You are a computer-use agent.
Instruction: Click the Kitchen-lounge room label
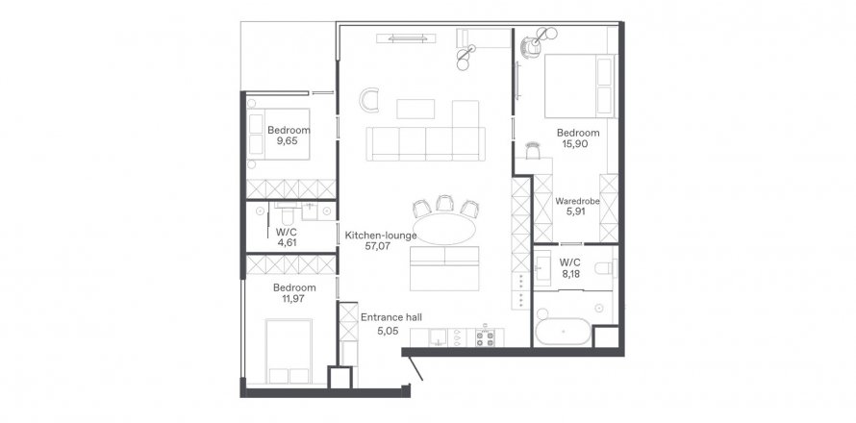[381, 236]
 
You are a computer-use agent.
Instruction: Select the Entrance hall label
[391, 316]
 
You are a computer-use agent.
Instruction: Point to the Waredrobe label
[578, 201]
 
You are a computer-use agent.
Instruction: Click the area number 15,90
[573, 144]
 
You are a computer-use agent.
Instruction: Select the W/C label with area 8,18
[571, 263]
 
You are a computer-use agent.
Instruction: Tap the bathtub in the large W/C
[563, 331]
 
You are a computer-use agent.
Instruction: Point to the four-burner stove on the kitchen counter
[485, 337]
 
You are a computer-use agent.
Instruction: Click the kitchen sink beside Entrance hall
[438, 337]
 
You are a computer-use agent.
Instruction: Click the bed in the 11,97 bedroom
[289, 351]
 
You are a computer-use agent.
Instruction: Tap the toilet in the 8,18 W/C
[605, 269]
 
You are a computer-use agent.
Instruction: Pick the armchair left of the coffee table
[369, 100]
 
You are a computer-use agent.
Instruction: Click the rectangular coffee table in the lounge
[415, 109]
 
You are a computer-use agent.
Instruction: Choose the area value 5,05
[388, 330]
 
